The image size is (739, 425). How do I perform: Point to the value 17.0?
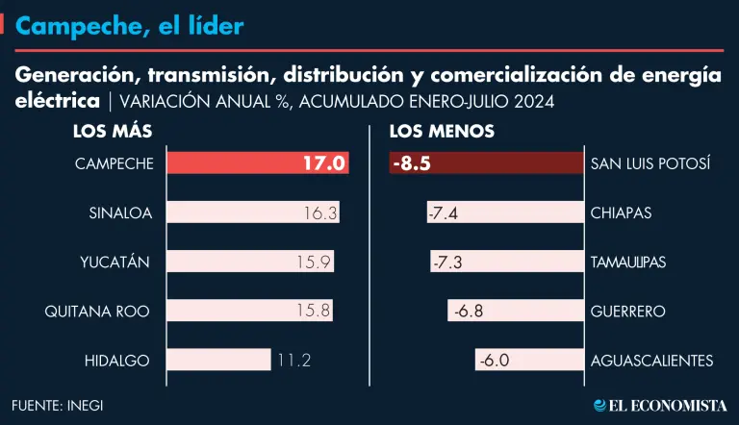324,163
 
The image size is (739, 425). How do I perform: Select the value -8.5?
412,163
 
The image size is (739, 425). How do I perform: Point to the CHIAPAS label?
621,213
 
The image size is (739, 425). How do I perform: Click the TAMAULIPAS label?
627,262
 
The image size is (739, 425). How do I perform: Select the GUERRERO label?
627,312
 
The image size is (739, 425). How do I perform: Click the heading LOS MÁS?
113,131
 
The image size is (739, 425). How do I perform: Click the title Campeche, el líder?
130,27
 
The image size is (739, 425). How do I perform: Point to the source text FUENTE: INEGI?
58,405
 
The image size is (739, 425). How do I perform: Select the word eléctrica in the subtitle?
58,100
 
